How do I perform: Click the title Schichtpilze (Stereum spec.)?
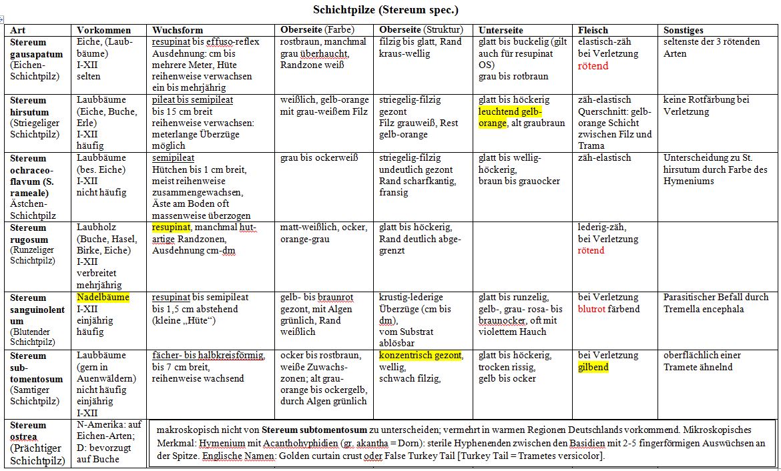[386, 10]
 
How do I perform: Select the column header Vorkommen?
[103, 30]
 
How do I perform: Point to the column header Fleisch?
[593, 30]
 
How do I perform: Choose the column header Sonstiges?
[684, 30]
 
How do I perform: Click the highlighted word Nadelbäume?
[103, 298]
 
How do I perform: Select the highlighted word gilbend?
[593, 367]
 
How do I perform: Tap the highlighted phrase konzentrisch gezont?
[421, 356]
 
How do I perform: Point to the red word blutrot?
[593, 309]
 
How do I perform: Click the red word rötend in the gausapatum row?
[593, 65]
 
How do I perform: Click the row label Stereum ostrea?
[29, 430]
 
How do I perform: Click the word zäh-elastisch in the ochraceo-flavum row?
[604, 158]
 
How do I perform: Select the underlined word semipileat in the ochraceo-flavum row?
[173, 158]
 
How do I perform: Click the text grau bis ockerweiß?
[319, 158]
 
